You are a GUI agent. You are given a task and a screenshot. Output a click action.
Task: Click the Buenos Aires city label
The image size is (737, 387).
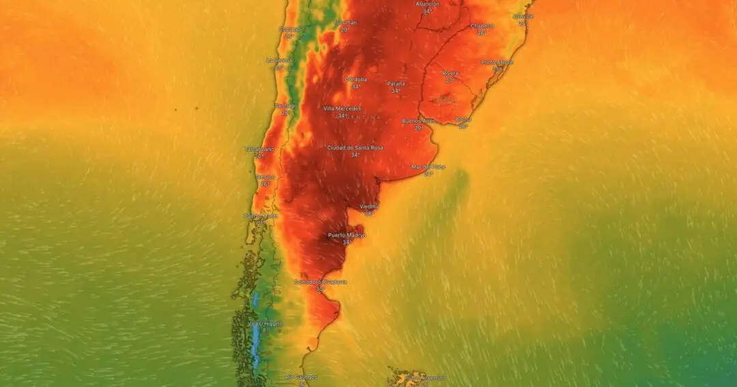pyautogui.click(x=418, y=121)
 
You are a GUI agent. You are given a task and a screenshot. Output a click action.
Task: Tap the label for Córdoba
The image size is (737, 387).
pyautogui.click(x=356, y=79)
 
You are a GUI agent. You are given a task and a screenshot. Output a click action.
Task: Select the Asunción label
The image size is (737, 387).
pyautogui.click(x=427, y=3)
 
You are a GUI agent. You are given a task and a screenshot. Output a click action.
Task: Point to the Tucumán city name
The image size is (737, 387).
pyautogui.click(x=345, y=22)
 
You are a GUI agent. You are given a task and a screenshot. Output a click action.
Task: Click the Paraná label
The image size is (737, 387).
pyautogui.click(x=396, y=83)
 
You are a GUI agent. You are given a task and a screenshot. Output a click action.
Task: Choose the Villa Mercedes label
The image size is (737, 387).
pyautogui.click(x=342, y=109)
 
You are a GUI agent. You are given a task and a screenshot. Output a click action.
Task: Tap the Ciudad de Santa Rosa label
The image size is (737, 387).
pyautogui.click(x=355, y=147)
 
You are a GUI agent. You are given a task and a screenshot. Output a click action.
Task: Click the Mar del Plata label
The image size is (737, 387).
pyautogui.click(x=428, y=167)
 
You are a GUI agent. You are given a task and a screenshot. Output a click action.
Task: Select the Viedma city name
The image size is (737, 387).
pyautogui.click(x=369, y=206)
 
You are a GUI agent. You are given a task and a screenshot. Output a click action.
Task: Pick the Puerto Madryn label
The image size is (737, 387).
pyautogui.click(x=347, y=235)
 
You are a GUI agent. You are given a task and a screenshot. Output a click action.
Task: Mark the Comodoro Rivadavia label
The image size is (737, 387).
pyautogui.click(x=320, y=282)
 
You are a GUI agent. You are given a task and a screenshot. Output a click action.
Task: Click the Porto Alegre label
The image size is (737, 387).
pyautogui.click(x=497, y=62)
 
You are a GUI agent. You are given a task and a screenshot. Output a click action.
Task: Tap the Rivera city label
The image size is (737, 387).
pyautogui.click(x=450, y=73)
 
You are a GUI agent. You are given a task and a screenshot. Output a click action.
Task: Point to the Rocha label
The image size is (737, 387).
pyautogui.click(x=463, y=119)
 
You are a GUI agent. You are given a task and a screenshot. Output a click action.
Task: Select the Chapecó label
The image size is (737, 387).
pyautogui.click(x=482, y=26)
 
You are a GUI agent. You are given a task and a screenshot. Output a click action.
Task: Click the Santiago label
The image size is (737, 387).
pyautogui.click(x=286, y=106)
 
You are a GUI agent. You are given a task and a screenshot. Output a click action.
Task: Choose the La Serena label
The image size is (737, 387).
pyautogui.click(x=278, y=60)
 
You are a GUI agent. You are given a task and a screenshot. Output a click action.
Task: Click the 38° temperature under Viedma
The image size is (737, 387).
pyautogui.click(x=369, y=214)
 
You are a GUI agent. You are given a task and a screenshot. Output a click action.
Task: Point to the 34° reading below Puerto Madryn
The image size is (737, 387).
pyautogui.click(x=347, y=242)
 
